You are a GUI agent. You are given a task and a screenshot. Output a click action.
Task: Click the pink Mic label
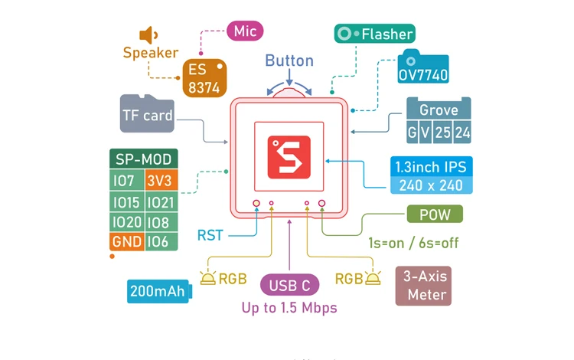click(x=245, y=31)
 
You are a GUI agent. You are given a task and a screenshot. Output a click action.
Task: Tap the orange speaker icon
click(x=148, y=34)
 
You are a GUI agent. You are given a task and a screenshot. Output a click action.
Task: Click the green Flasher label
click(x=375, y=34)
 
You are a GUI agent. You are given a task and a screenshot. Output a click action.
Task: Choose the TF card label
click(x=148, y=116)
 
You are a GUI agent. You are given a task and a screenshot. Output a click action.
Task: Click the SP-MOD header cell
click(x=144, y=159)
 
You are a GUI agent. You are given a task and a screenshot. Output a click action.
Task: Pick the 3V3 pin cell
click(x=161, y=182)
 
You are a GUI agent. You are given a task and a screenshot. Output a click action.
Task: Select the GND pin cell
click(x=126, y=242)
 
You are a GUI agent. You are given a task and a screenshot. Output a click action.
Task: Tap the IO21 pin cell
click(x=161, y=202)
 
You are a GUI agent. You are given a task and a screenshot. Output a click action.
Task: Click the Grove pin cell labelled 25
click(x=443, y=132)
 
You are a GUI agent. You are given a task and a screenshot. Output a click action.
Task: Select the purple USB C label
click(x=289, y=286)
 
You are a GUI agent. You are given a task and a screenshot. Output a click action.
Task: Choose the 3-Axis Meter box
click(x=426, y=286)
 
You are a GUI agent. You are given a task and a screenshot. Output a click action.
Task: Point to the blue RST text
click(x=210, y=235)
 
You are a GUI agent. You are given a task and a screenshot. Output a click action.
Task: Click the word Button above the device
click(x=289, y=61)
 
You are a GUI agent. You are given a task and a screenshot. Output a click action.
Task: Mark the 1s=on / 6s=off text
click(x=413, y=243)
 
